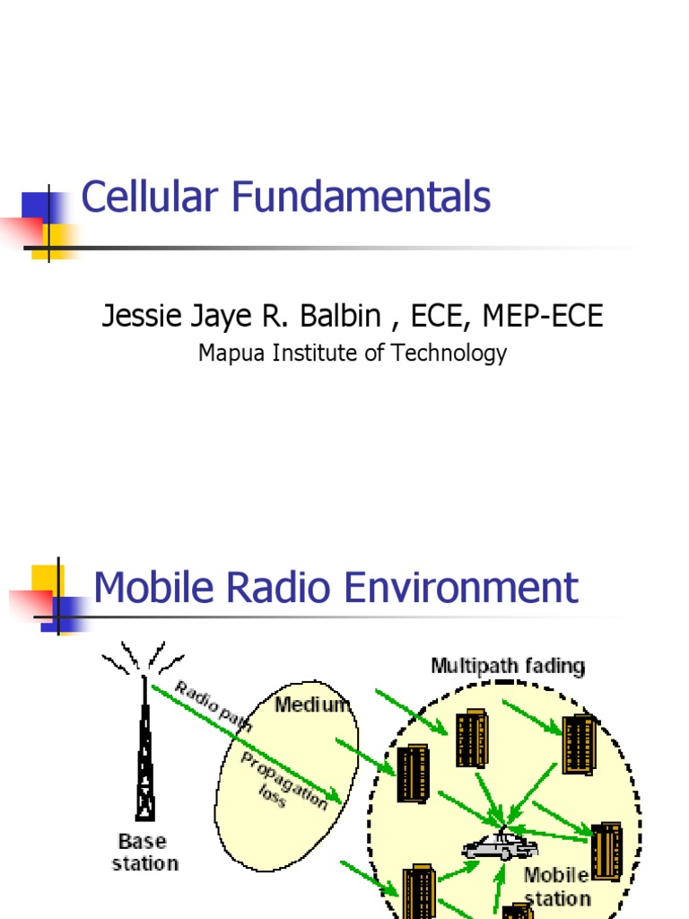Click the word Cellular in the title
click(144, 197)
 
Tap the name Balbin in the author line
click(345, 316)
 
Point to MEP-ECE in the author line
click(544, 316)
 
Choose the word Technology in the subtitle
click(458, 353)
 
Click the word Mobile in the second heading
click(156, 588)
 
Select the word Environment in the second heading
click(466, 588)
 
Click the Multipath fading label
click(508, 666)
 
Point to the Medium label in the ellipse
click(312, 705)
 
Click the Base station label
click(144, 853)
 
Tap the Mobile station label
click(557, 886)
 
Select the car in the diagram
click(500, 845)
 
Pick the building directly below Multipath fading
click(471, 738)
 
